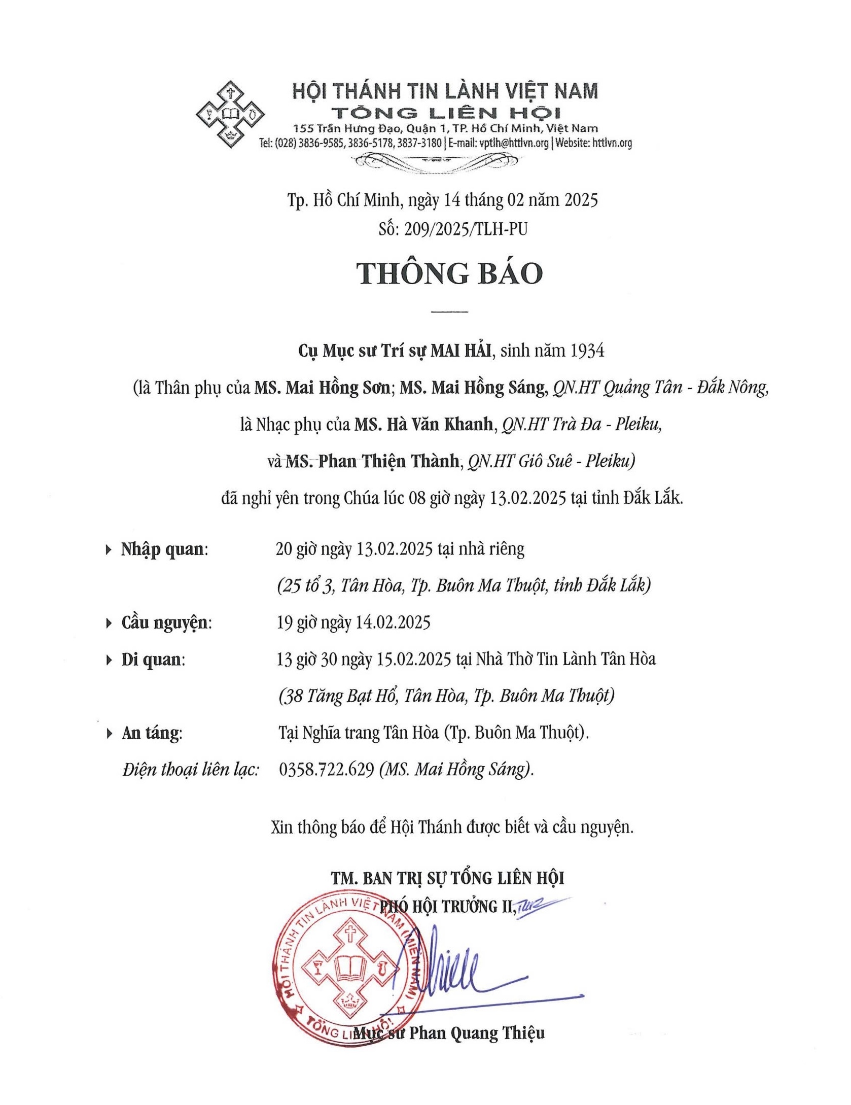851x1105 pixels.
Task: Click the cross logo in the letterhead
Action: click(x=230, y=114)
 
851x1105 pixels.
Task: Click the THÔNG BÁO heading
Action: click(x=450, y=274)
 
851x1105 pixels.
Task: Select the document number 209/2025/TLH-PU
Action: click(x=466, y=229)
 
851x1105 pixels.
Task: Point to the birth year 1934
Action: click(x=587, y=351)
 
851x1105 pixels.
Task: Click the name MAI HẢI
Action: click(x=461, y=351)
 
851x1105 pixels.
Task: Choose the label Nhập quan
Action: click(x=163, y=549)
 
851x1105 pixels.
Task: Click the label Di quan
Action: click(x=152, y=660)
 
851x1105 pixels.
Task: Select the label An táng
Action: click(x=150, y=733)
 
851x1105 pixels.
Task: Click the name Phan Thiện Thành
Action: click(x=388, y=462)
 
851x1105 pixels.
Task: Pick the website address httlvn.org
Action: click(x=611, y=143)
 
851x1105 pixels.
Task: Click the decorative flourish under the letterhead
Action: click(x=436, y=161)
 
